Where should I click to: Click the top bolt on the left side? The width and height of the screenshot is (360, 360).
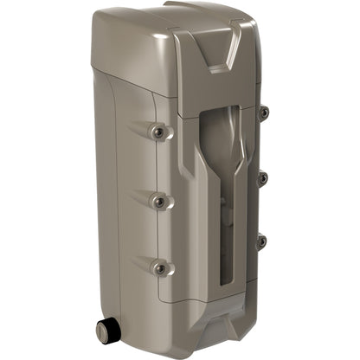coord(157,132)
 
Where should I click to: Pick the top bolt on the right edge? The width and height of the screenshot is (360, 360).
coord(263,112)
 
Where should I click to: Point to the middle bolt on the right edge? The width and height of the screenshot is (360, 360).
coord(263,177)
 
